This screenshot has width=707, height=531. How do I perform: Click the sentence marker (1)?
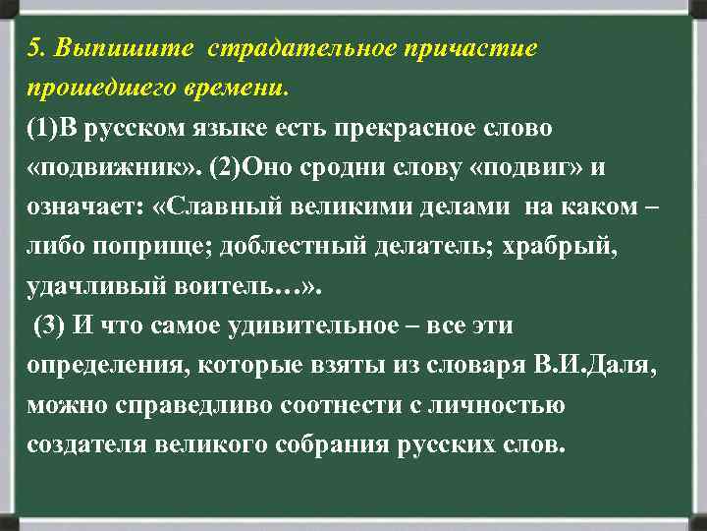[44, 129]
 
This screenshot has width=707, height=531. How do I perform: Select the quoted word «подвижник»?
[109, 168]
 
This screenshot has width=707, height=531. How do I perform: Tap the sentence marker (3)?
[51, 326]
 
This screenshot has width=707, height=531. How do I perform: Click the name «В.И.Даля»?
[595, 366]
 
